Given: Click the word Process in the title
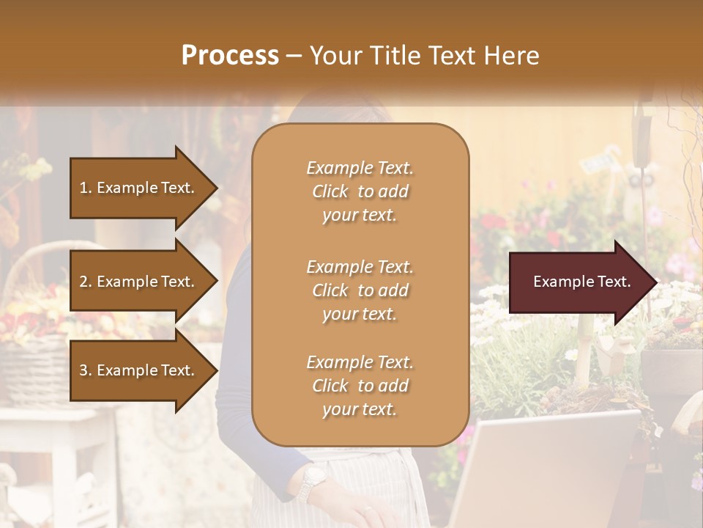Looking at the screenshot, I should pyautogui.click(x=230, y=55).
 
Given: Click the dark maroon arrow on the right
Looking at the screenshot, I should pyautogui.click(x=579, y=282).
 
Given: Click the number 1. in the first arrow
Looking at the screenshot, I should pyautogui.click(x=86, y=188).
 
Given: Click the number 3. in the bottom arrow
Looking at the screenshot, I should pyautogui.click(x=86, y=370).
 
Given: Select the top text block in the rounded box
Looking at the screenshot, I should pyautogui.click(x=360, y=191).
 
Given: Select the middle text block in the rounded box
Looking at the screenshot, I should pyautogui.click(x=360, y=290).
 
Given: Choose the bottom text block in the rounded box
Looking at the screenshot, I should pyautogui.click(x=360, y=386).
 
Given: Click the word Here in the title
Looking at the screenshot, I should pyautogui.click(x=510, y=55).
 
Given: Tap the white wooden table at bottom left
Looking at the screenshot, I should pyautogui.click(x=51, y=440).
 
